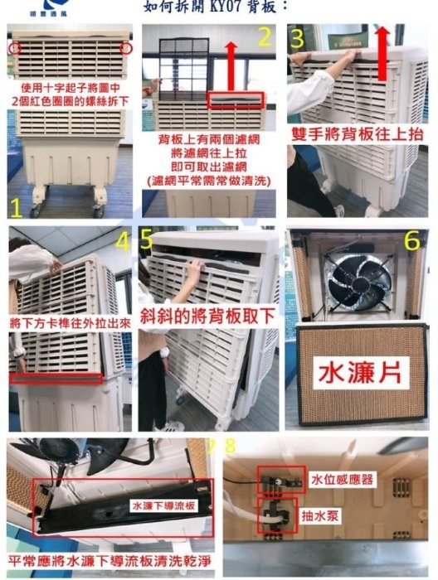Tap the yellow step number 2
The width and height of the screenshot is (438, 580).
(x=265, y=36)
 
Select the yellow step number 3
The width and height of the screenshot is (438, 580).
(x=297, y=38)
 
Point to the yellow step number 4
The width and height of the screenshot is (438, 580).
(x=123, y=241)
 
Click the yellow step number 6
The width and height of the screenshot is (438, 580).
(x=411, y=241)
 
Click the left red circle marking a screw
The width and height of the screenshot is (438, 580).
(x=15, y=48)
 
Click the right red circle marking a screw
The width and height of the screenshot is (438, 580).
(x=126, y=48)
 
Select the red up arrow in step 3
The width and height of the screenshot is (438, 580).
(x=382, y=53)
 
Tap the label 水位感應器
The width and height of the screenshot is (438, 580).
(x=343, y=479)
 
